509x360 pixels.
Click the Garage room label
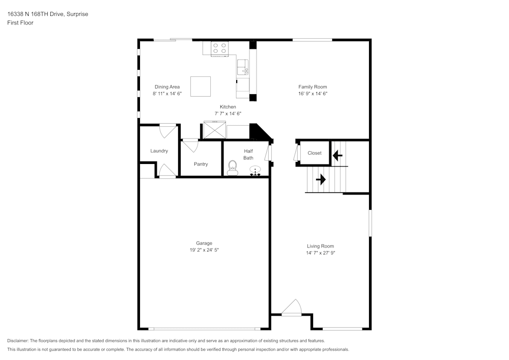click(204, 243)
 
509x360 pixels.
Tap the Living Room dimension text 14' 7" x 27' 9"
click(320, 253)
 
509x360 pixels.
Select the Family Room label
click(313, 87)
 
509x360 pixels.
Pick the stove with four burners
click(220, 48)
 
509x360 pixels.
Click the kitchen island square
click(201, 86)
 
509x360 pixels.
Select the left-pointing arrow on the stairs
click(337, 153)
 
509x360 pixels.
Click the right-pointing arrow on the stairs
click(321, 179)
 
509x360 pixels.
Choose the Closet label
click(315, 153)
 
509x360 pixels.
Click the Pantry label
click(201, 164)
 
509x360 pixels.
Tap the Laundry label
click(159, 151)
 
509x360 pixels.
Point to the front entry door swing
click(292, 309)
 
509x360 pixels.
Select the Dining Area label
click(167, 87)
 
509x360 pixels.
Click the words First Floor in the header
click(20, 23)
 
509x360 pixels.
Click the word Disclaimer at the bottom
click(18, 341)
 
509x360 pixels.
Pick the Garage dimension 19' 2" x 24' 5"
click(204, 250)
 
